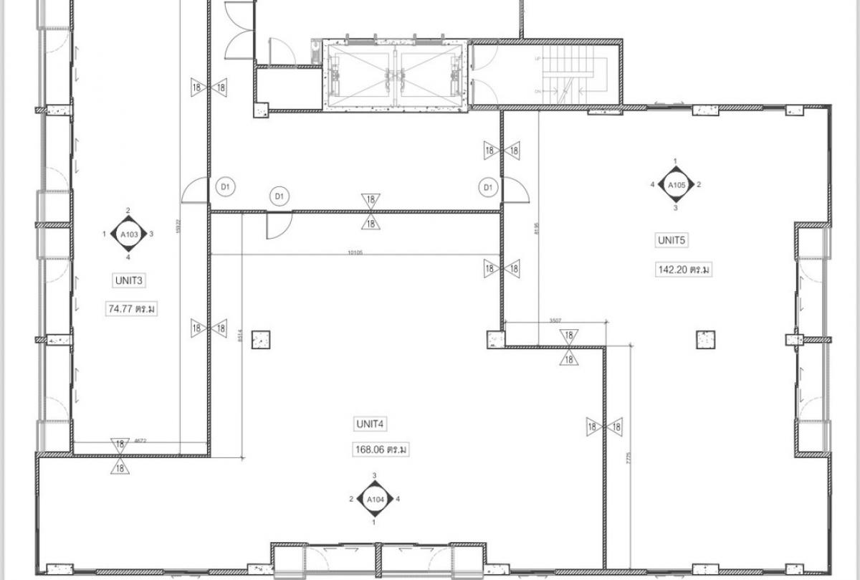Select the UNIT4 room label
371,424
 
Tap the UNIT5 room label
672,240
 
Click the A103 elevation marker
129,234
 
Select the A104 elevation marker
374,499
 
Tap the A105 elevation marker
676,184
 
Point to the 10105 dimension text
355,252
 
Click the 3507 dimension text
556,320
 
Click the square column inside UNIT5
705,339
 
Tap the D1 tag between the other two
279,196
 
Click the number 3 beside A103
151,234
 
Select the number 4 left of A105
652,185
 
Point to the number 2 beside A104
351,499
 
